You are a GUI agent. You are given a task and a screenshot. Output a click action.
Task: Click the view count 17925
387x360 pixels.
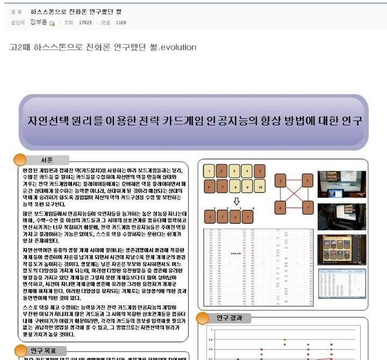point(85,23)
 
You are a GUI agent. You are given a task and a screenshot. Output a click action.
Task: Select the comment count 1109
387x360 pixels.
point(120,23)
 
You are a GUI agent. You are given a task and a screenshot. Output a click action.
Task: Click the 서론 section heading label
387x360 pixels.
point(47,160)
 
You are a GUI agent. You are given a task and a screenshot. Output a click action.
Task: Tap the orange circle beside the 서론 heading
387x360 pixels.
point(20,159)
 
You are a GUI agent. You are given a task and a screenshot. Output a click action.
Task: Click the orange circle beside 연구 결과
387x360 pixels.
point(203,318)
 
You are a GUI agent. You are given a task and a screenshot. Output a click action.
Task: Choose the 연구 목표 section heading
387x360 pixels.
point(44,350)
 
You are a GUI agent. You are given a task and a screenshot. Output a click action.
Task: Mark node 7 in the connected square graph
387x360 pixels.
point(307,207)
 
